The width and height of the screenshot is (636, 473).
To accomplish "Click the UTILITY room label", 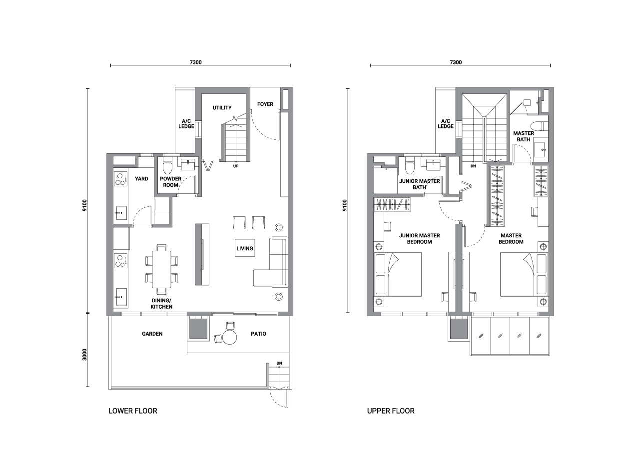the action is point(222,108).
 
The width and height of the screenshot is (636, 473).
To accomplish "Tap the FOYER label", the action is point(265,104).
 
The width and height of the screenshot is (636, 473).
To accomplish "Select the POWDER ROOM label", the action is point(170,182).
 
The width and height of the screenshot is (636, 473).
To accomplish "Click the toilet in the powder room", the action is point(167,168).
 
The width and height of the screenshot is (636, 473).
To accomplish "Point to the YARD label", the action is point(141,179).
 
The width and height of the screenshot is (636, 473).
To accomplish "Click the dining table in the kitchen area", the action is point(161,269).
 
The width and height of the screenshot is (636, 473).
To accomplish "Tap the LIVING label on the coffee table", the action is point(245,249).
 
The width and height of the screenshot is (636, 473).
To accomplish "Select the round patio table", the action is point(230,337).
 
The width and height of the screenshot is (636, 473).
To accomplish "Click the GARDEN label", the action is point(152,334).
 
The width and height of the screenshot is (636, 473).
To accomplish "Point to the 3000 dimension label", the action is point(84,355).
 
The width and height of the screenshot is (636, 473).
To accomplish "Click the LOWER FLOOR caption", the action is point(133,411).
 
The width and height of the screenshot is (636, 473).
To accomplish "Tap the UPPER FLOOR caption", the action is point(391,411).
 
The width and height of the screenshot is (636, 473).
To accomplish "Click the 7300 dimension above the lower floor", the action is point(195,62).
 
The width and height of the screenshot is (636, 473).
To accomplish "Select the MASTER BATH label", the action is point(523,136).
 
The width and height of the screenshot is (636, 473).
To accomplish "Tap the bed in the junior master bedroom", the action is point(398,274).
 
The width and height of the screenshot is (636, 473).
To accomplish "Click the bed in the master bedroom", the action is point(524,274).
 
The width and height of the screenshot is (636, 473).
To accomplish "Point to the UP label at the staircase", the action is point(236,166).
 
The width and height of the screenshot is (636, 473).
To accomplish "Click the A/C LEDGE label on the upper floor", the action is point(446,123).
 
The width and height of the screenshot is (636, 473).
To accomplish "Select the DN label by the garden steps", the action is point(279,363).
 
